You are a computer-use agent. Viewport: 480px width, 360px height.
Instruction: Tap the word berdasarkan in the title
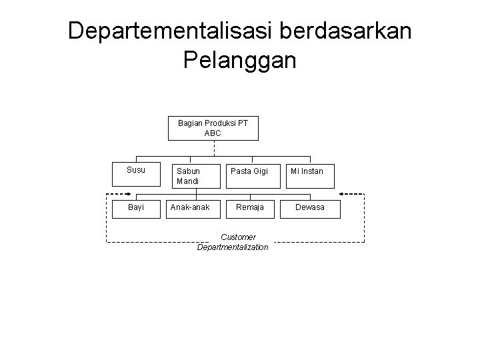click(355, 31)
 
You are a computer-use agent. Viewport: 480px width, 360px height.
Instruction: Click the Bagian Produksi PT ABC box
click(213, 128)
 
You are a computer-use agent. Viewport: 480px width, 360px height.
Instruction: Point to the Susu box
click(136, 171)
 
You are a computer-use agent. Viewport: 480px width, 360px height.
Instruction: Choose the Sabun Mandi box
click(190, 175)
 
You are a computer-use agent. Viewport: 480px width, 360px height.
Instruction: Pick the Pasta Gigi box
click(249, 171)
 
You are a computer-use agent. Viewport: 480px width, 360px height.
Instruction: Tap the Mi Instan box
click(307, 171)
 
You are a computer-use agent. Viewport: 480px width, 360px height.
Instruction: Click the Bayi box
click(136, 207)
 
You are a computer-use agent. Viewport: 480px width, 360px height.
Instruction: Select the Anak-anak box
click(190, 207)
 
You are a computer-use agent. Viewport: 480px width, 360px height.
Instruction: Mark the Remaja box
click(249, 207)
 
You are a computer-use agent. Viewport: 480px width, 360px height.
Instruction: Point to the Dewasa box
click(311, 207)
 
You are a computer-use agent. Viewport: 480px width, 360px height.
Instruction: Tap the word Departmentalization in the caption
click(233, 247)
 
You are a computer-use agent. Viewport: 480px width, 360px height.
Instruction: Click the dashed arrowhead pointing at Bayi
click(110, 195)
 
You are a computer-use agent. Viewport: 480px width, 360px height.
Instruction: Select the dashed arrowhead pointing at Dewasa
click(361, 195)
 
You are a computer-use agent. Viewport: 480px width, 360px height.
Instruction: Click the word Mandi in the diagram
click(188, 181)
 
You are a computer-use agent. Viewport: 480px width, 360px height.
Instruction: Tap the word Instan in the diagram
click(313, 171)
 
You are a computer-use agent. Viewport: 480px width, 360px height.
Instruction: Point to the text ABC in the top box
click(213, 133)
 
